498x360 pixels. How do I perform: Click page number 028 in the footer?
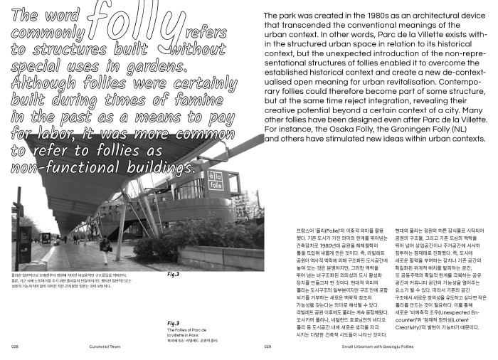[x=14, y=347]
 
